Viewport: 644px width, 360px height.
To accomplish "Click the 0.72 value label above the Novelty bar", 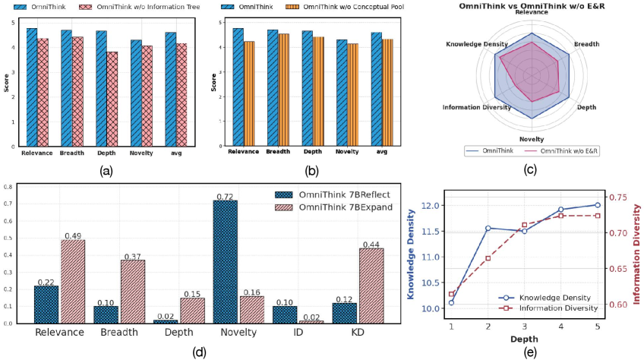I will coord(224,196).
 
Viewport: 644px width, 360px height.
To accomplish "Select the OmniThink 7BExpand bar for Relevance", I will coord(72,281).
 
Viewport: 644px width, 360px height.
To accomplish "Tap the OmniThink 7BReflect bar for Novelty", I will coord(224,261).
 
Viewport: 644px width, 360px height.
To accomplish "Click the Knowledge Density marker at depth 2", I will coord(488,228).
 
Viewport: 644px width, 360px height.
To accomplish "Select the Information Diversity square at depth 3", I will coord(524,225).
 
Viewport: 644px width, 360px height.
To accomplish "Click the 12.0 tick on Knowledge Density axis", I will coord(431,206).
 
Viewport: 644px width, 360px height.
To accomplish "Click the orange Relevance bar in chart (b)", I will coord(250,93).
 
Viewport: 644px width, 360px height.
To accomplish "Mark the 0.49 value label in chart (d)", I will coord(72,235).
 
